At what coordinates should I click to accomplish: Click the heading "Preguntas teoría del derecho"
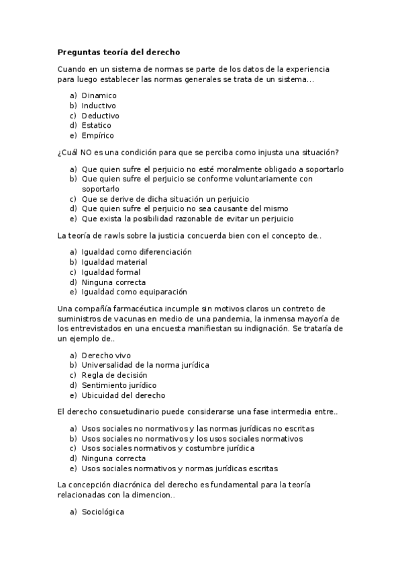(119, 52)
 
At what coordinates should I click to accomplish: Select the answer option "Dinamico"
(99, 95)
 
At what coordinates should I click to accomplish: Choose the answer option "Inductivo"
(99, 106)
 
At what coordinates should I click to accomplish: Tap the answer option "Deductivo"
(101, 116)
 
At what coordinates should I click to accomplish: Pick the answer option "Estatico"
(97, 125)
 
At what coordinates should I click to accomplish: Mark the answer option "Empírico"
(98, 135)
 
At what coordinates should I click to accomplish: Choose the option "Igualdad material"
(114, 262)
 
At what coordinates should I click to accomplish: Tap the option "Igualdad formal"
(111, 272)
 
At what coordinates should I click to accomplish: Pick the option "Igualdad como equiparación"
(134, 292)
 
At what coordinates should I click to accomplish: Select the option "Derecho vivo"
(106, 355)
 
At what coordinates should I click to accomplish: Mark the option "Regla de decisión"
(114, 375)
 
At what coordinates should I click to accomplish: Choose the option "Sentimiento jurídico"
(119, 385)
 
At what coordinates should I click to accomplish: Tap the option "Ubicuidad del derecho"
(123, 395)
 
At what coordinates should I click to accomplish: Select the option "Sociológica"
(103, 512)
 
